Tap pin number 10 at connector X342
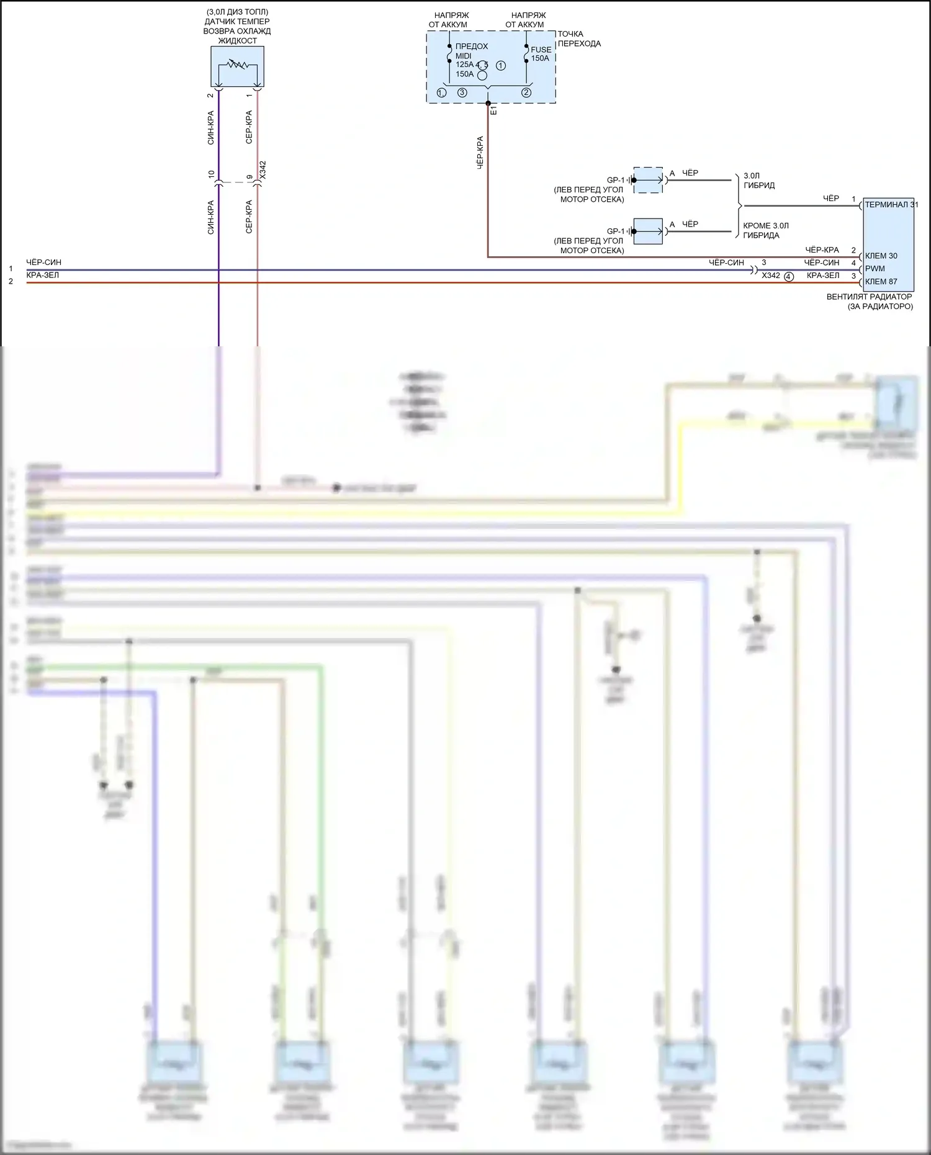(211, 175)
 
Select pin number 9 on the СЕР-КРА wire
(250, 177)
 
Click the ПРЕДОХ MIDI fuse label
(472, 51)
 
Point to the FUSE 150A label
(541, 54)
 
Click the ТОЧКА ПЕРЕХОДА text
(578, 38)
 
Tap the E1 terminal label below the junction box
(494, 110)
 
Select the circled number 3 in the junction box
(462, 92)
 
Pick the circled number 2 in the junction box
(526, 92)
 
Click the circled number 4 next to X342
(788, 277)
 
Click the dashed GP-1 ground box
(647, 180)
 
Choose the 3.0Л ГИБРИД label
(758, 181)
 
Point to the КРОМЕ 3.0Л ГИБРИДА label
(765, 230)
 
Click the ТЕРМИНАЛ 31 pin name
(891, 205)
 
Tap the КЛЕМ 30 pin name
(881, 256)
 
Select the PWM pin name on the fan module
(875, 269)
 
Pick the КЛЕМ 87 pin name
(881, 282)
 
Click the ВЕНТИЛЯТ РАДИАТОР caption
(869, 297)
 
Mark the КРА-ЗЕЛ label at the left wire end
(42, 275)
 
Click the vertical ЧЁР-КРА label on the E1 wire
(480, 153)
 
